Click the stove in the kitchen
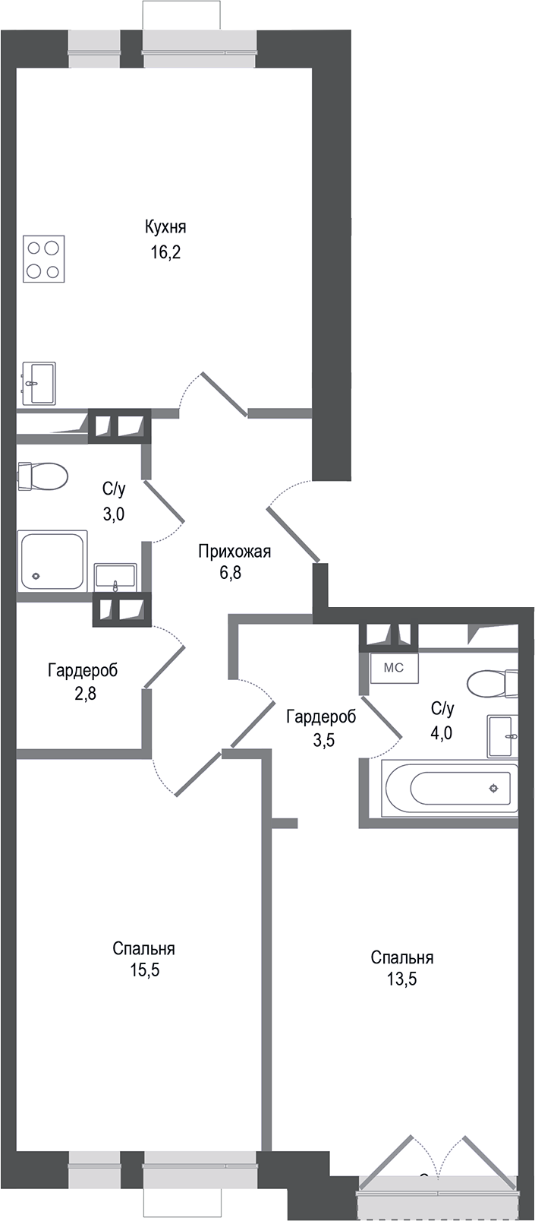click(x=43, y=259)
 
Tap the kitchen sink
click(x=39, y=383)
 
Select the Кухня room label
click(x=165, y=227)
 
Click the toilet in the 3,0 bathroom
click(x=43, y=476)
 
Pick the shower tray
click(x=53, y=561)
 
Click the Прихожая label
click(x=234, y=552)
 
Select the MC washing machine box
click(x=393, y=668)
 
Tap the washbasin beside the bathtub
click(x=502, y=735)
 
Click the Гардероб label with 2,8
click(x=83, y=671)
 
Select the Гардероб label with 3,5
click(x=321, y=716)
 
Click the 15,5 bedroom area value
click(x=144, y=970)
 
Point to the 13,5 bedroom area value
click(x=402, y=979)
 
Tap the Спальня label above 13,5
click(x=402, y=957)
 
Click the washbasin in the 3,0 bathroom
click(x=115, y=577)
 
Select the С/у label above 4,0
click(x=442, y=709)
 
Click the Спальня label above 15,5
click(x=144, y=948)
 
